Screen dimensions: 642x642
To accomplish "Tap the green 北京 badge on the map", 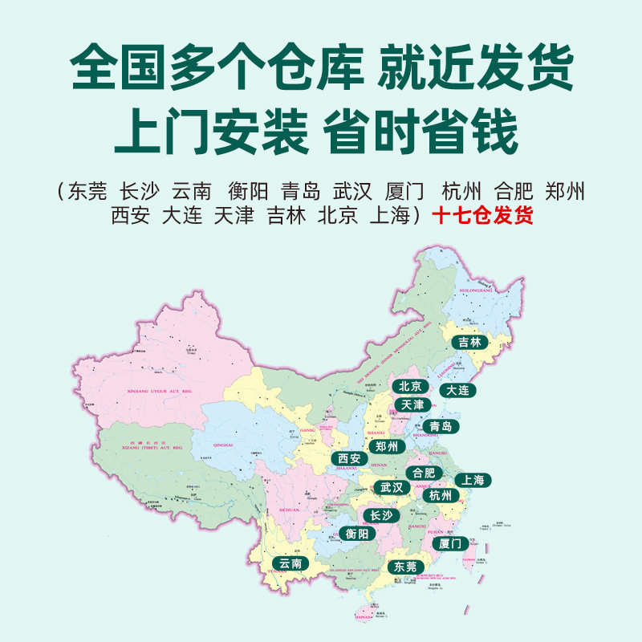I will [x=410, y=387].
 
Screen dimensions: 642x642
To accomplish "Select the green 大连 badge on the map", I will [x=459, y=390].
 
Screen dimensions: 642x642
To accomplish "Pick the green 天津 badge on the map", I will [x=412, y=405].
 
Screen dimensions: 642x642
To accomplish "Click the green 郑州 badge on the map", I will [x=388, y=447].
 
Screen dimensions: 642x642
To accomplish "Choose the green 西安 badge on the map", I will [x=349, y=460].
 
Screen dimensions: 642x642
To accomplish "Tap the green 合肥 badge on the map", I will [x=424, y=473].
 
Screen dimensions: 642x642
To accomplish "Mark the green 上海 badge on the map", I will [x=473, y=481].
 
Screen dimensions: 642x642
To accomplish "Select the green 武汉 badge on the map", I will [x=393, y=488].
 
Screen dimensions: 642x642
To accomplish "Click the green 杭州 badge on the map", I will [x=441, y=496].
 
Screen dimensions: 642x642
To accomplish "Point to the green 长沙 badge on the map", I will [x=380, y=516].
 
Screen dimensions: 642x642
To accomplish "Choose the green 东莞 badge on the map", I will [x=405, y=567].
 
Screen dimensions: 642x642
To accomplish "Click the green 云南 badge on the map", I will [x=287, y=564].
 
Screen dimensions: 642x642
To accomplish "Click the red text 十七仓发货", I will [x=481, y=216].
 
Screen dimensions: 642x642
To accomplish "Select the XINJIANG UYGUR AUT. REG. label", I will [x=161, y=392].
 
